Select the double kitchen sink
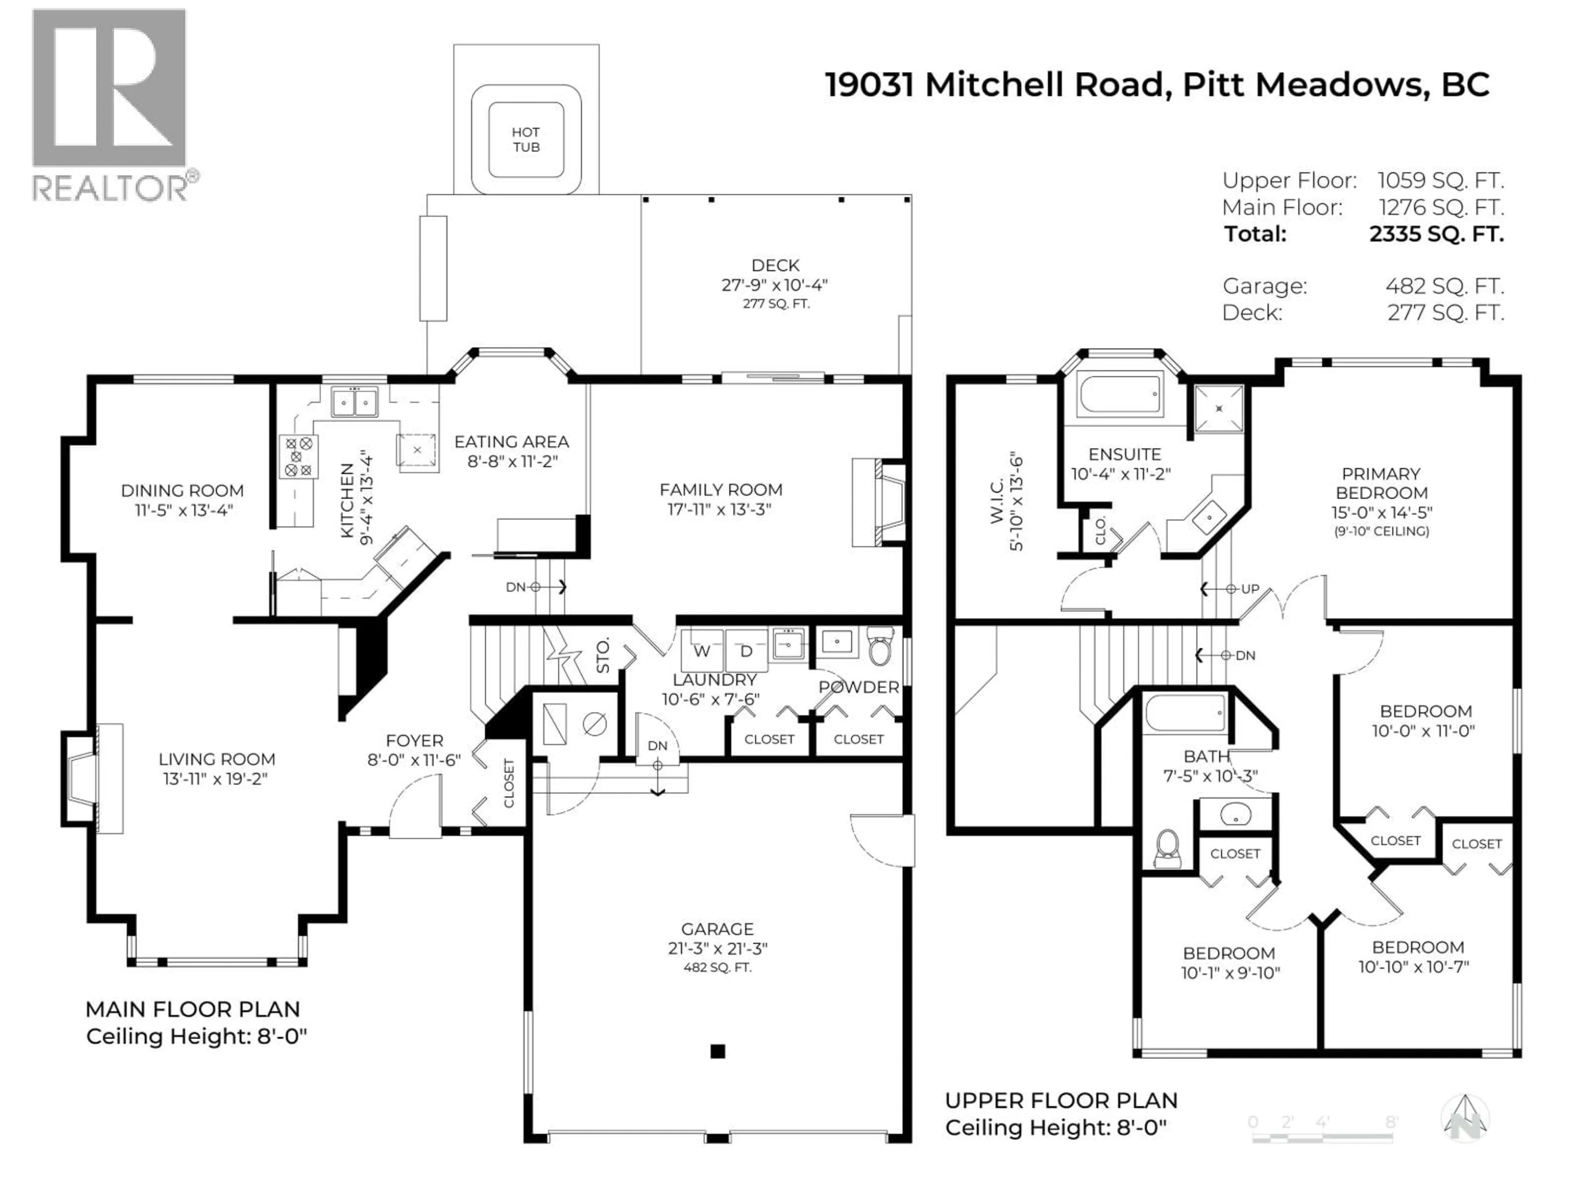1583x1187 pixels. click(354, 402)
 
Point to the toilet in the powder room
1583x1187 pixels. click(880, 647)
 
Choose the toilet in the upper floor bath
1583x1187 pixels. click(1168, 849)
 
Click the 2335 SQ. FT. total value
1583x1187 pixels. click(1436, 234)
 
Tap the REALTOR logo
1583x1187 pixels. click(111, 104)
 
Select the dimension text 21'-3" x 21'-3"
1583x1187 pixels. click(717, 948)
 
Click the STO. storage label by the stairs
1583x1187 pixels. click(603, 655)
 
